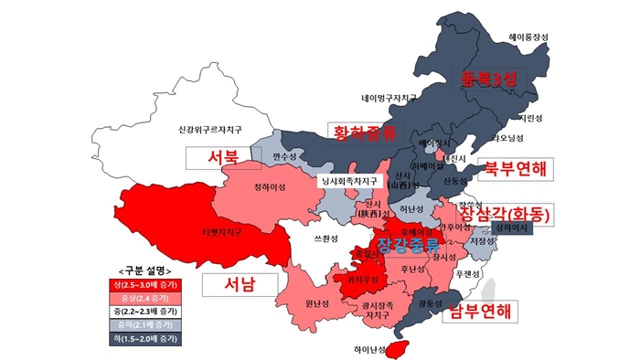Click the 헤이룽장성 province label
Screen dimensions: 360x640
point(528,37)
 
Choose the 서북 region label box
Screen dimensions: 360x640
point(223,157)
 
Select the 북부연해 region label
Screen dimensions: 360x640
point(515,168)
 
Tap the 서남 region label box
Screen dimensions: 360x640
point(239,283)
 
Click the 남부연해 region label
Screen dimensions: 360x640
point(475,312)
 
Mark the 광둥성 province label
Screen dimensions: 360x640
point(423,302)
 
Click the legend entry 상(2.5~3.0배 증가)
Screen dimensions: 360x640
point(150,286)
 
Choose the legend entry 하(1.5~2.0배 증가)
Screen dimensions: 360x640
point(150,339)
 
